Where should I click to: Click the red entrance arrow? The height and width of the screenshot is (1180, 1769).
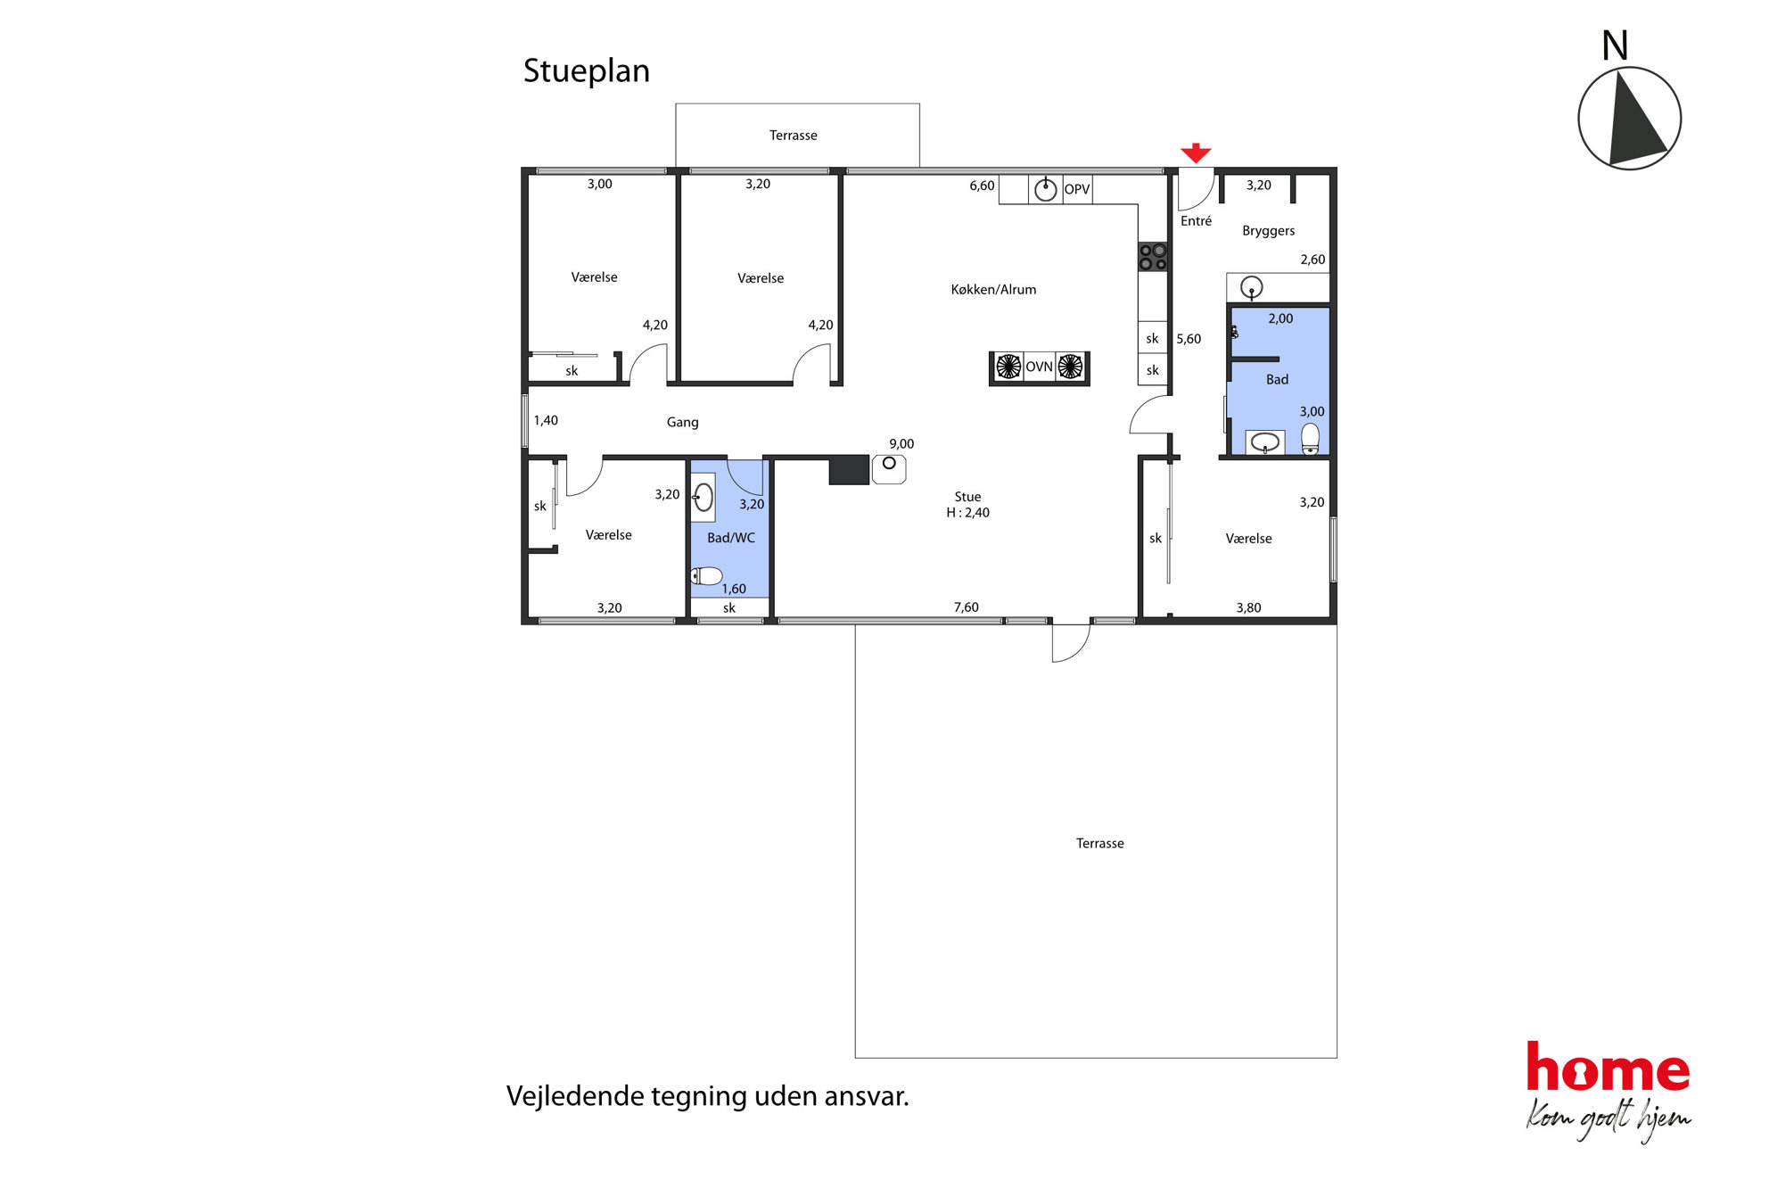(x=1195, y=153)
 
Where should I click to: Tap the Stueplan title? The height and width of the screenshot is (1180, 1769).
(x=586, y=71)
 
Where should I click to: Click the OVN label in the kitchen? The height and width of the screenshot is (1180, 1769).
(x=1039, y=367)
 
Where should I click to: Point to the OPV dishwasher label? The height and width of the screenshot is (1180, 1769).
(x=1077, y=189)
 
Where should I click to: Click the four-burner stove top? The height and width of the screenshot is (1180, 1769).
(x=1153, y=257)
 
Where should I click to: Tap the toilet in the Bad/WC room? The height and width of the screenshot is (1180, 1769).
(x=706, y=576)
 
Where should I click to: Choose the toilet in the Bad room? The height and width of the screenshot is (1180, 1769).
(x=1310, y=439)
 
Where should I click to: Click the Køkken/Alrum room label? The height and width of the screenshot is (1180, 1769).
(x=993, y=290)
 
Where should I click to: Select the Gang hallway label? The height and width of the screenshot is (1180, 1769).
(x=682, y=423)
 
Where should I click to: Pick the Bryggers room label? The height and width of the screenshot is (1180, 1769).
(x=1268, y=231)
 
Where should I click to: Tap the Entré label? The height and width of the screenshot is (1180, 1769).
(x=1196, y=221)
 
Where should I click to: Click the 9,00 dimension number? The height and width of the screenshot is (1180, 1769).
(x=901, y=444)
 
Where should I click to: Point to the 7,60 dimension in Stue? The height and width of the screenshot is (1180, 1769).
(x=967, y=607)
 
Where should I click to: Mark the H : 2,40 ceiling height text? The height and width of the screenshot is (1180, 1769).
(x=967, y=513)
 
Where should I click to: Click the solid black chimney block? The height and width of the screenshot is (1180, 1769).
(x=849, y=470)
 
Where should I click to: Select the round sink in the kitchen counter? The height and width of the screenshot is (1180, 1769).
(x=1045, y=189)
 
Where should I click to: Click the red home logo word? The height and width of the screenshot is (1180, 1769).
(x=1608, y=1067)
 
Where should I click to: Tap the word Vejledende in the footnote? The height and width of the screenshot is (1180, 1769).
(x=575, y=1096)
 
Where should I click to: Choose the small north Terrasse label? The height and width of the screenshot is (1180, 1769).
(x=793, y=136)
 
